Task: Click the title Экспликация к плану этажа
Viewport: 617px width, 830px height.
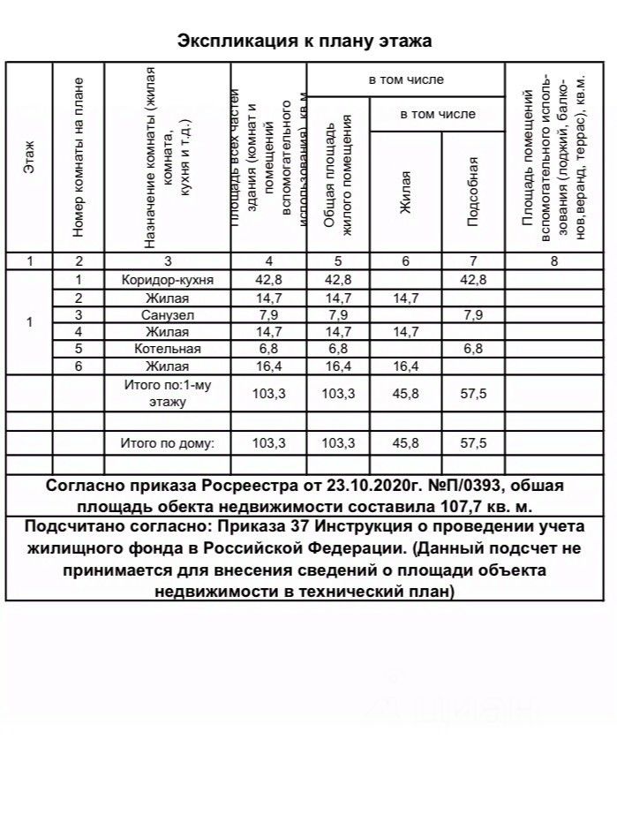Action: point(305,41)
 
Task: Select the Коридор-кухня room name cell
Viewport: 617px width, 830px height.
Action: point(167,280)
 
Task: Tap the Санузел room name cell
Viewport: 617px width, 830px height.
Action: point(167,314)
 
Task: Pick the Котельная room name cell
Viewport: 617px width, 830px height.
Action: point(167,349)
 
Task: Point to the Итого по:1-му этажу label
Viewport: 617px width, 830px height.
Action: point(167,394)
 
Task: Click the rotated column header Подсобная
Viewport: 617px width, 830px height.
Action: point(473,191)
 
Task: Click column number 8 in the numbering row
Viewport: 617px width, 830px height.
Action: point(553,261)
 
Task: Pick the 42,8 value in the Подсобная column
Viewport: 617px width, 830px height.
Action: point(473,280)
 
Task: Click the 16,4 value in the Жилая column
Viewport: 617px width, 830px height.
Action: point(406,366)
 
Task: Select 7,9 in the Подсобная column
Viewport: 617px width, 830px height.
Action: point(473,314)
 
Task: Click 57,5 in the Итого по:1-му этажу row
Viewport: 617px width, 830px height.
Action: point(473,394)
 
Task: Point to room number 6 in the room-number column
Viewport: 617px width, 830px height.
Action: point(79,366)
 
